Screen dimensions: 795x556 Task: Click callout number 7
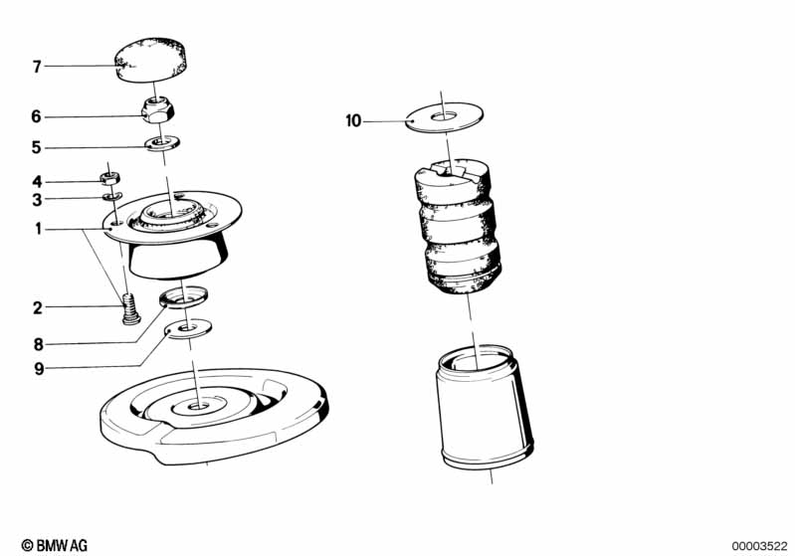point(37,67)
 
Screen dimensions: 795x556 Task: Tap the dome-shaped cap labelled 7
point(151,59)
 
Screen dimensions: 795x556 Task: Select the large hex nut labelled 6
point(158,110)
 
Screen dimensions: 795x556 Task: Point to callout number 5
point(36,147)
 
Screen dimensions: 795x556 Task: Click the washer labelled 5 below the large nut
point(162,143)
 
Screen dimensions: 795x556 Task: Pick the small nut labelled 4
point(110,178)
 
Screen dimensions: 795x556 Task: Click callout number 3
point(37,200)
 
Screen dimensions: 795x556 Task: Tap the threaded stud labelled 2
point(130,308)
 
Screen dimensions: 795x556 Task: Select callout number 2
point(37,307)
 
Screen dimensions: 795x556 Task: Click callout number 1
point(38,229)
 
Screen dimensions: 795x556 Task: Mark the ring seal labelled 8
point(183,296)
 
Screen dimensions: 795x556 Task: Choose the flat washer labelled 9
point(189,328)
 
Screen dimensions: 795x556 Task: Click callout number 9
point(39,369)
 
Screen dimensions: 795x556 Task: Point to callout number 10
point(353,121)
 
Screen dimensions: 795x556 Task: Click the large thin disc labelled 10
point(444,117)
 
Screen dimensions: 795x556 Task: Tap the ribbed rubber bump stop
point(458,227)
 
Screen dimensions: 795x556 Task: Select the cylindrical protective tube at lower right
point(484,408)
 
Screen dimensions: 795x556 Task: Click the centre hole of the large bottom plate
point(197,406)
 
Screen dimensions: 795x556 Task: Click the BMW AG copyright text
point(55,546)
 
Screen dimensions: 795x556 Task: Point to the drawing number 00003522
point(759,546)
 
